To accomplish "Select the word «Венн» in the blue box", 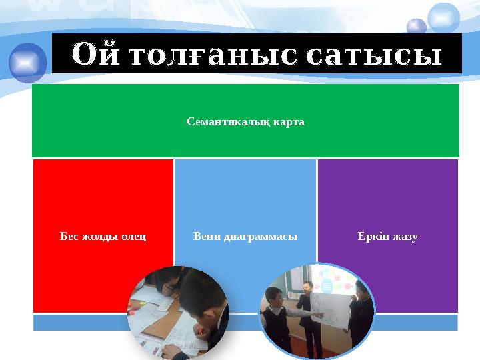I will click(x=205, y=237).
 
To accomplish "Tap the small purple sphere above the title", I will click(x=417, y=27).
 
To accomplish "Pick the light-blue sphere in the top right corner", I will click(x=444, y=17).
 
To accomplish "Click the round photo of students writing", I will click(x=178, y=311).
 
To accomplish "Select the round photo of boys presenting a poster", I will click(x=317, y=311).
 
